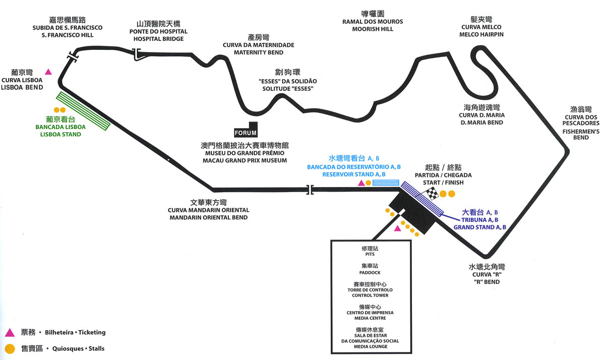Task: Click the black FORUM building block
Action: (246, 130)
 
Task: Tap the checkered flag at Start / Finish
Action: (433, 194)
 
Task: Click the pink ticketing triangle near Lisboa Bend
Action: (48, 72)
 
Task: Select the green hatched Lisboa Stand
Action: (83, 111)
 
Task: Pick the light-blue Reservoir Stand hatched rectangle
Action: (386, 183)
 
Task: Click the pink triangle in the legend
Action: (10, 332)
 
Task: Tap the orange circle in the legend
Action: (10, 349)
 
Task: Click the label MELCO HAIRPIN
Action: (481, 35)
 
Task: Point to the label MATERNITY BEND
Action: (259, 52)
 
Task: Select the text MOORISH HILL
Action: (373, 29)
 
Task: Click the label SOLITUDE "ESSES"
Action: (288, 89)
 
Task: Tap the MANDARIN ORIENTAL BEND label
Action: (209, 217)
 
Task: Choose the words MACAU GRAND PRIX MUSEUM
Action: (245, 160)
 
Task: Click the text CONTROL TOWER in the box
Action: (370, 295)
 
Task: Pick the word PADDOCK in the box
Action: (370, 273)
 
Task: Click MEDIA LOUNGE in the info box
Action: (371, 346)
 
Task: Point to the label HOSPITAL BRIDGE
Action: (158, 39)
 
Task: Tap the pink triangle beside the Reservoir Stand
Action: (361, 183)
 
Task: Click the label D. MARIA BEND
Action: (482, 123)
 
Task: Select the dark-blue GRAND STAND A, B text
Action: (479, 227)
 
